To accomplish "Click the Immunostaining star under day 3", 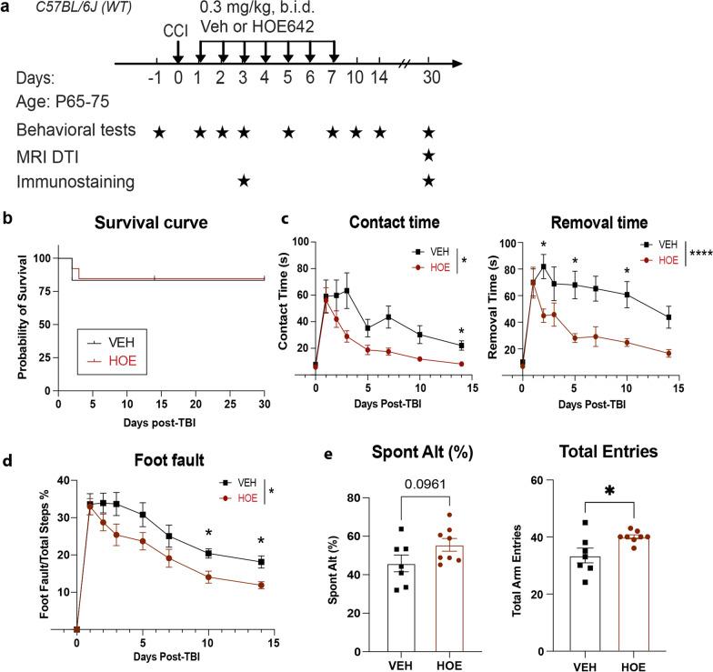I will click(x=243, y=183).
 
